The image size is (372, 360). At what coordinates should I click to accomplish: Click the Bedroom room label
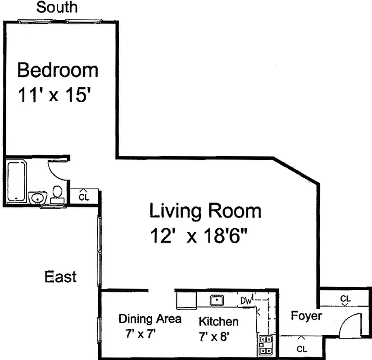tap(58, 71)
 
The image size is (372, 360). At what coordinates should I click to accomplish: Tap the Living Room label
tap(205, 211)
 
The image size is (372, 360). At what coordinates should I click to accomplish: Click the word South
tap(56, 7)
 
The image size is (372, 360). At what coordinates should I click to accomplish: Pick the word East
tap(60, 276)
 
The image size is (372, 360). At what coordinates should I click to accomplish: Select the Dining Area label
tap(150, 319)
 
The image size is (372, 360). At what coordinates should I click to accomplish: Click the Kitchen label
tap(218, 321)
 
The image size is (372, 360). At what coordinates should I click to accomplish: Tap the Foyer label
tap(306, 316)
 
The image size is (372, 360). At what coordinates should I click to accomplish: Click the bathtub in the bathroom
tap(17, 180)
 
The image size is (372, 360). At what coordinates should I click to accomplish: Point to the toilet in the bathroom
tap(57, 193)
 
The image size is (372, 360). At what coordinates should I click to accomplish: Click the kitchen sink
tap(217, 299)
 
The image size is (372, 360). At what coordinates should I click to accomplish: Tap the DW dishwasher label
tap(245, 300)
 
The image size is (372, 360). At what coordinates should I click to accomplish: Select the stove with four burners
tap(266, 344)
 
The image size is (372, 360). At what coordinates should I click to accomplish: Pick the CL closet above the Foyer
tap(345, 299)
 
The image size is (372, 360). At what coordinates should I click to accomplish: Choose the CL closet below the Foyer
tap(301, 347)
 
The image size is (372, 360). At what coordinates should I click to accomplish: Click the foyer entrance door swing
tap(350, 326)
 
